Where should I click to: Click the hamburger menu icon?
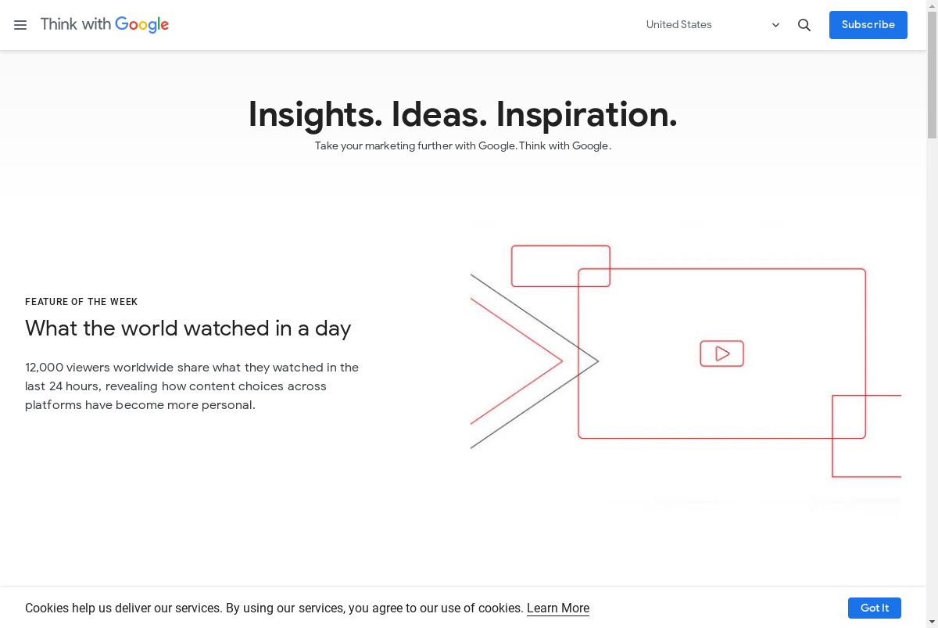coord(20,25)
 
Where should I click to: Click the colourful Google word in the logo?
coord(142,25)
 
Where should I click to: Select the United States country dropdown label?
coord(678,25)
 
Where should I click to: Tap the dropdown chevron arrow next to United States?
coord(775,25)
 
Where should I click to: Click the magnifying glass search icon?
coord(804,25)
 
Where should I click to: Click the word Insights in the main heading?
coord(315,115)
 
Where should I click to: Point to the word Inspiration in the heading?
coord(587,115)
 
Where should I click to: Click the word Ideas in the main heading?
coord(439,114)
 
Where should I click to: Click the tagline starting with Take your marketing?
coord(463,145)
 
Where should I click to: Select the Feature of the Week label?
coord(81,302)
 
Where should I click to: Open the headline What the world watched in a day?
coord(188,328)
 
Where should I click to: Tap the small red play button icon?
coord(722,353)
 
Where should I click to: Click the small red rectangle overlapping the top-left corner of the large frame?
coord(560,246)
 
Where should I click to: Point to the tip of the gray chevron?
coord(599,361)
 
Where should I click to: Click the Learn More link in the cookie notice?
coord(558,608)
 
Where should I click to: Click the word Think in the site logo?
coord(59,24)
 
